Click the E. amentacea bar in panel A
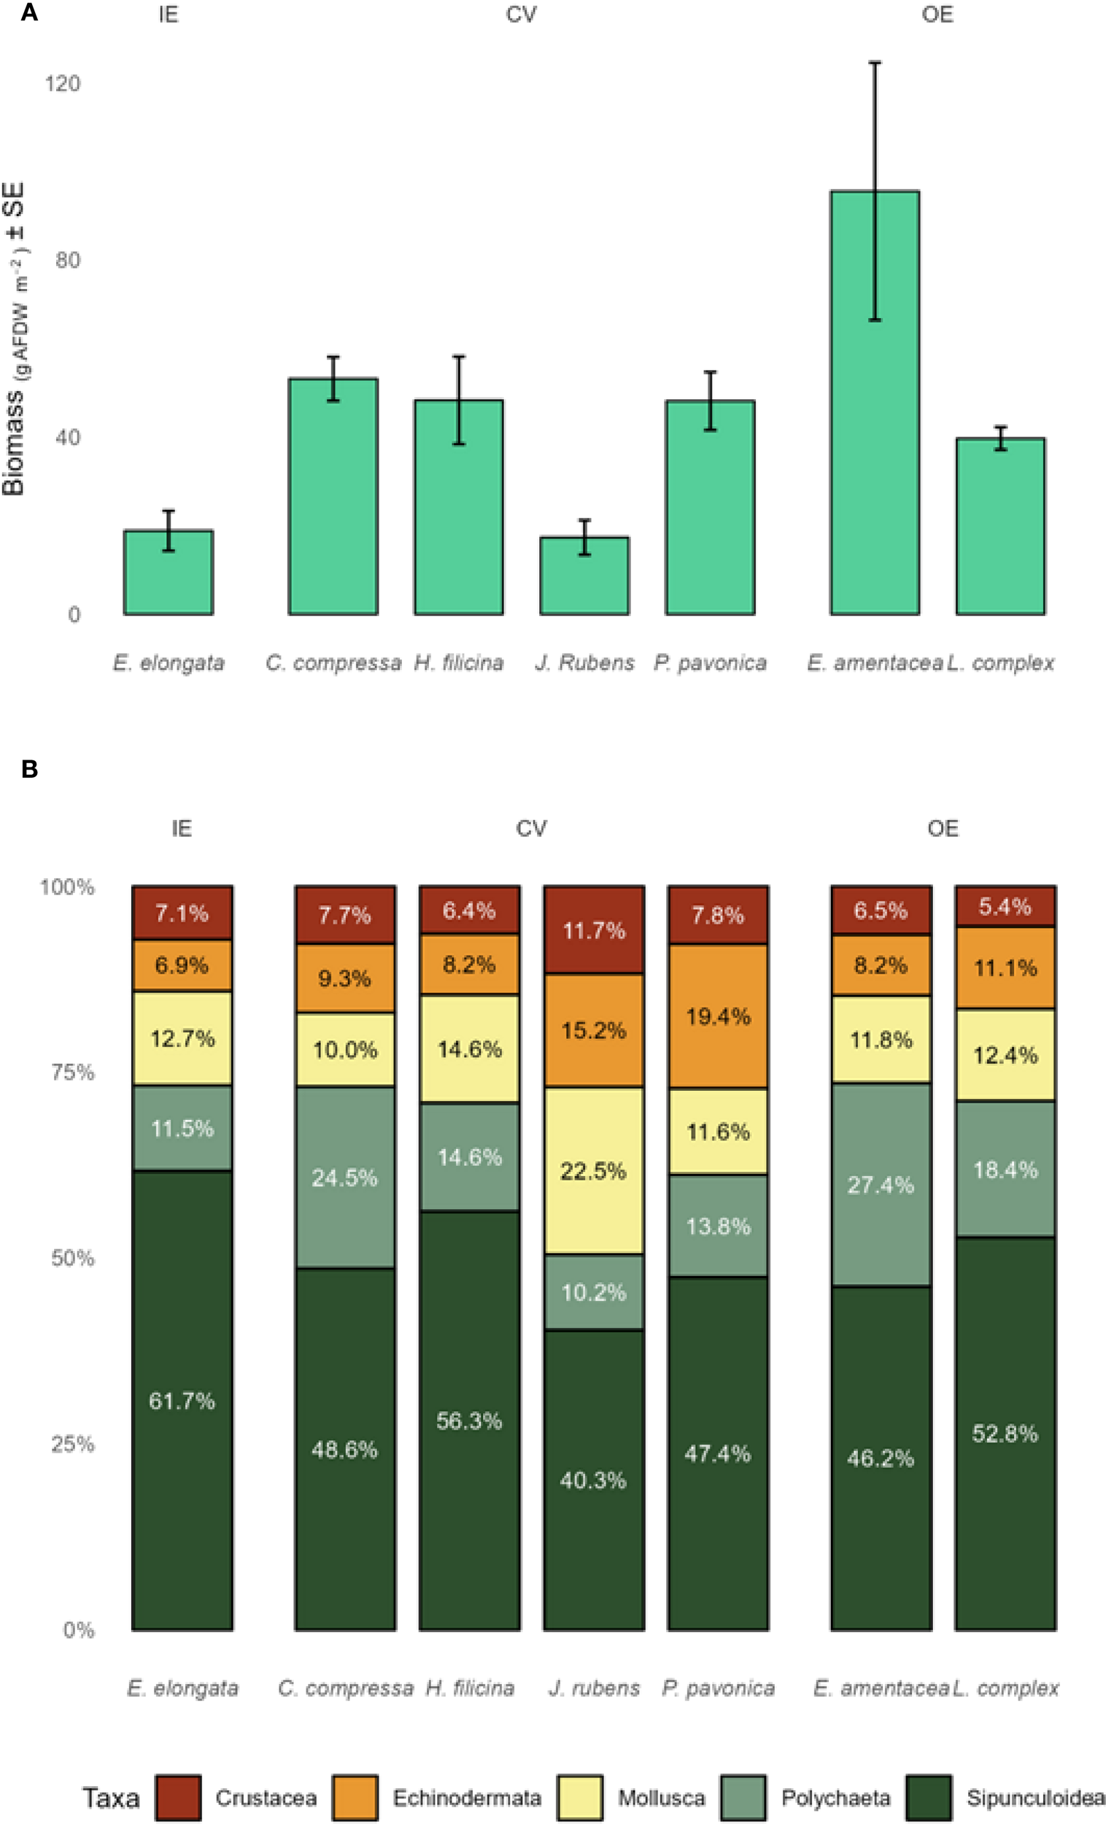[x=874, y=403]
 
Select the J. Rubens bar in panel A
[x=584, y=576]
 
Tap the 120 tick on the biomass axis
[x=62, y=83]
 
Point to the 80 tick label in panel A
[x=68, y=260]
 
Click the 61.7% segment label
[x=182, y=1400]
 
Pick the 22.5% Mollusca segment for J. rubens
[x=594, y=1170]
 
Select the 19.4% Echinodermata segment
[x=718, y=1016]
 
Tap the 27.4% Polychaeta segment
[x=881, y=1184]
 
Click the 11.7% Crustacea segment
[x=594, y=930]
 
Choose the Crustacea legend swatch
[x=178, y=1796]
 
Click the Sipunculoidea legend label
[x=1035, y=1797]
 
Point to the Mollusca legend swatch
[x=581, y=1796]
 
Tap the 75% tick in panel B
[x=72, y=1071]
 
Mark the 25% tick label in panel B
[x=72, y=1442]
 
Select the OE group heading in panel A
[x=937, y=14]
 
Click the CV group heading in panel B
[x=531, y=827]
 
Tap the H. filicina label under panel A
[x=458, y=662]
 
